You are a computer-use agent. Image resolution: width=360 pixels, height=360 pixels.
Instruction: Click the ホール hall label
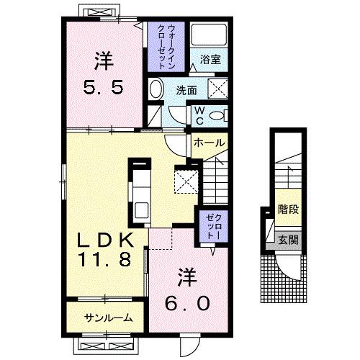pyautogui.click(x=210, y=143)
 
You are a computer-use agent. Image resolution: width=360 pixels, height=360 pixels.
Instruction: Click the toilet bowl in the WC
pyautogui.click(x=217, y=114)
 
